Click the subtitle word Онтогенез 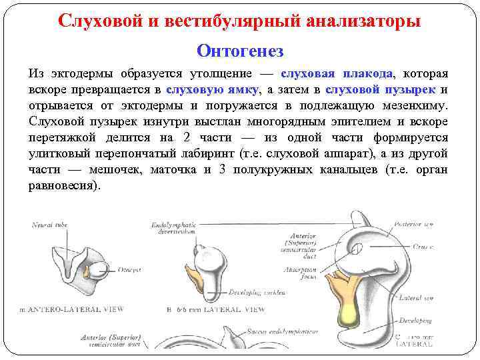(x=240, y=51)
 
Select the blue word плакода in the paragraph (x=369, y=73)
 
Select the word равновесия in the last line (x=63, y=186)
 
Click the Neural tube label (x=50, y=225)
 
